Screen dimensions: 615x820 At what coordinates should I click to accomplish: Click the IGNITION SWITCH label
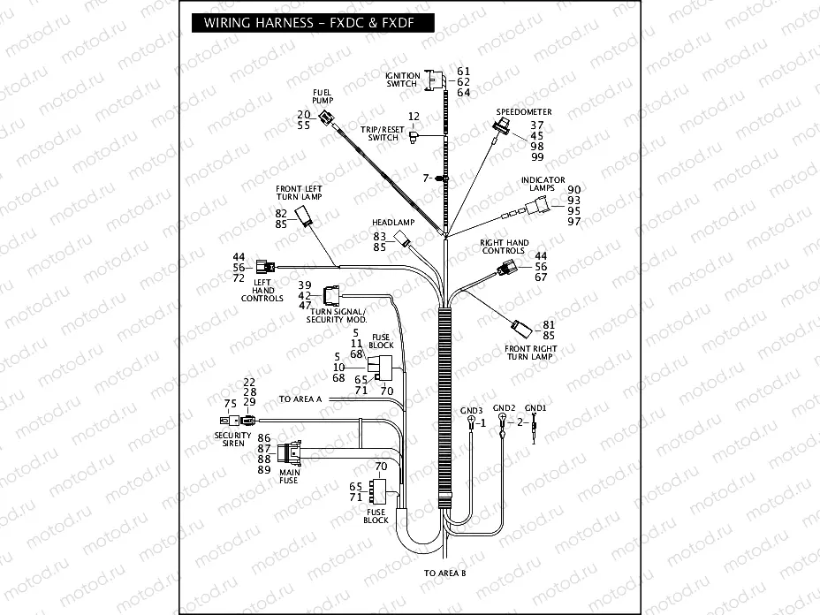tap(402, 80)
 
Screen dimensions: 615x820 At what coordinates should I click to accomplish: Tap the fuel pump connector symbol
tap(328, 118)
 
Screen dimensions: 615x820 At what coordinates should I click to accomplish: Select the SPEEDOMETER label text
tap(523, 112)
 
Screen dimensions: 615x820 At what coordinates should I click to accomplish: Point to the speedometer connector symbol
tap(501, 130)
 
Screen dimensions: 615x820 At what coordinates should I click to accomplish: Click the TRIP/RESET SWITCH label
tap(383, 133)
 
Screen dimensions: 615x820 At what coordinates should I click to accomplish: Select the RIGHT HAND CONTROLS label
tap(504, 247)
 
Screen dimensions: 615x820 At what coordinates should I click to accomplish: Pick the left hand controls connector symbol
tap(264, 265)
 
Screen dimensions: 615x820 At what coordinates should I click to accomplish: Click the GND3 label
tap(471, 411)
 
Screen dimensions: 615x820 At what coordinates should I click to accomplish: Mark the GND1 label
tap(535, 408)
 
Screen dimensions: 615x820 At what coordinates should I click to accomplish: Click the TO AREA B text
tap(444, 573)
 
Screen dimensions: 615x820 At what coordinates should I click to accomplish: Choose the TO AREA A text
tap(300, 399)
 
